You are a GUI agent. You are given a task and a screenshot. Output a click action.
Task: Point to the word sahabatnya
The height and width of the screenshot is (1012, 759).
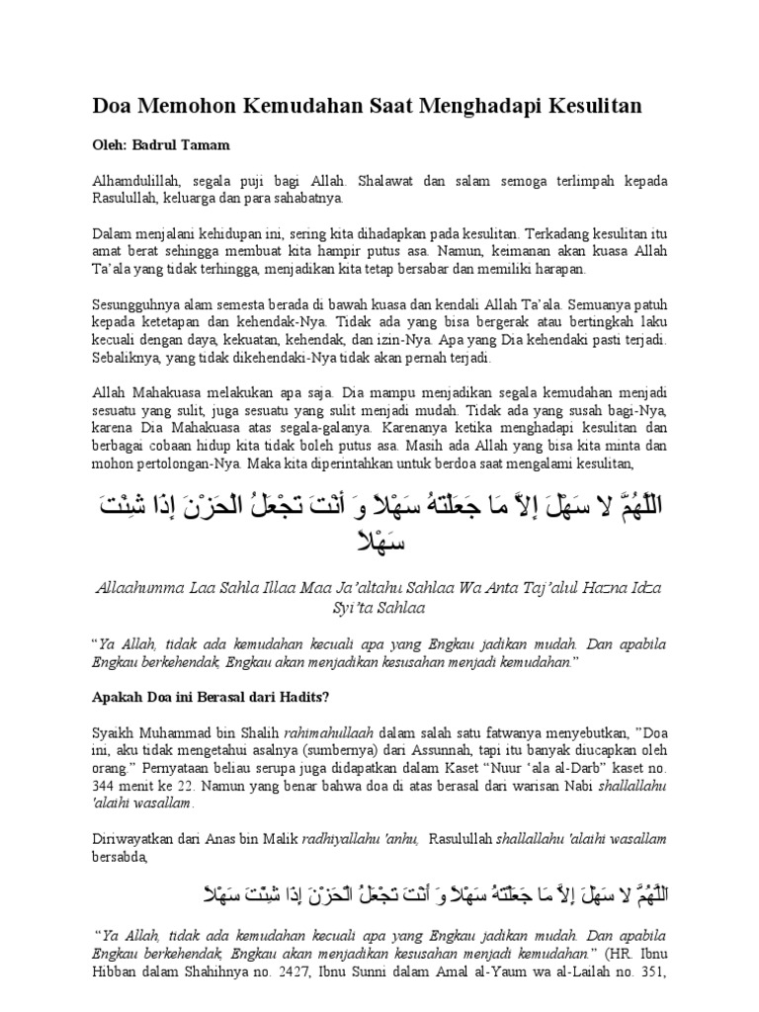point(306,198)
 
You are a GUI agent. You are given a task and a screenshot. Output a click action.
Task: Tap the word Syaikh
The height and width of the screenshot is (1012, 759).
point(114,732)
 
